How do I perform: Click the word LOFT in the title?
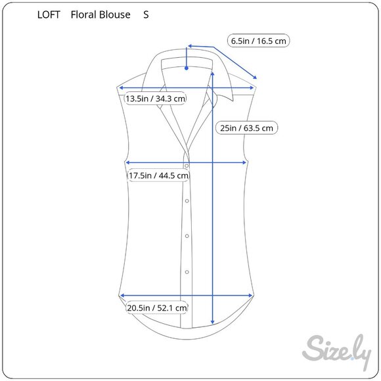pos(49,14)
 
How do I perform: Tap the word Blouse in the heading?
pos(115,14)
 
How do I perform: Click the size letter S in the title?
pos(146,14)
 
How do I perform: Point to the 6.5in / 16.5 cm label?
pos(258,41)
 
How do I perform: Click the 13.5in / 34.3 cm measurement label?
pos(156,99)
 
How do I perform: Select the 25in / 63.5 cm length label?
pos(246,128)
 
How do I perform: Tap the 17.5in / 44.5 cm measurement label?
pos(158,175)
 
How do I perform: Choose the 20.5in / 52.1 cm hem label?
pos(157,308)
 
